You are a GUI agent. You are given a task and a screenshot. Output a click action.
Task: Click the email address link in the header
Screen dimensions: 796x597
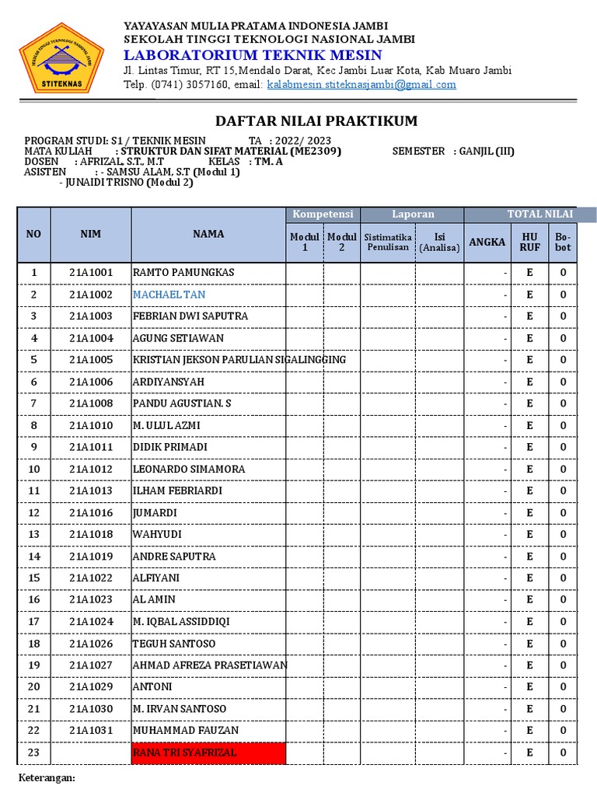pyautogui.click(x=361, y=85)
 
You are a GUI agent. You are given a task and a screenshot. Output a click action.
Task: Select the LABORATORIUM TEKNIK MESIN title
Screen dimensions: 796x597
pyautogui.click(x=253, y=54)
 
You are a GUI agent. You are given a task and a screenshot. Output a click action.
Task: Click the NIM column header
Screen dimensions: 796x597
pyautogui.click(x=90, y=234)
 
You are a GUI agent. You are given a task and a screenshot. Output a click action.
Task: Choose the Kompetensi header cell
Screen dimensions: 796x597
pyautogui.click(x=323, y=215)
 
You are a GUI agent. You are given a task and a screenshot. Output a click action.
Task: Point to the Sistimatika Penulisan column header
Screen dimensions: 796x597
pyautogui.click(x=387, y=242)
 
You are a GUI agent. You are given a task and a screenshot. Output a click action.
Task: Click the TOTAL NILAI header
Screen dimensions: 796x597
pyautogui.click(x=539, y=215)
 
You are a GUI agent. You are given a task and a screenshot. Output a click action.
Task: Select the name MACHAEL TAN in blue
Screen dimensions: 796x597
pyautogui.click(x=169, y=295)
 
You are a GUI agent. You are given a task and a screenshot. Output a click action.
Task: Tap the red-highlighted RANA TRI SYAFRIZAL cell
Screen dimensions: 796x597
pyautogui.click(x=208, y=752)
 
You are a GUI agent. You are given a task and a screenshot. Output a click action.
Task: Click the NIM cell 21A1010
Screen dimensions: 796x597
pyautogui.click(x=90, y=425)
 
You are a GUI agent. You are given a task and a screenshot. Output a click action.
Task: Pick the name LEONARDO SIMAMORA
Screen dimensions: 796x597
pyautogui.click(x=189, y=469)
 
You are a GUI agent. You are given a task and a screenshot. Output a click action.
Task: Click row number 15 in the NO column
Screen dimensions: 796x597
pyautogui.click(x=33, y=578)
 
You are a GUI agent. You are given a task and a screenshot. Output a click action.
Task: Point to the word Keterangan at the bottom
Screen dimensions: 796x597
pyautogui.click(x=46, y=777)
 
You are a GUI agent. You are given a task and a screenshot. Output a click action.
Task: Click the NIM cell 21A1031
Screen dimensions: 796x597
pyautogui.click(x=90, y=731)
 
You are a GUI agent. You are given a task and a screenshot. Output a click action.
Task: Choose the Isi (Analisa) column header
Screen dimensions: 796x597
pyautogui.click(x=439, y=242)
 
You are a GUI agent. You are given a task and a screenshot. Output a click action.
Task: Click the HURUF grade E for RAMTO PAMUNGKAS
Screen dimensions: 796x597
pyautogui.click(x=529, y=273)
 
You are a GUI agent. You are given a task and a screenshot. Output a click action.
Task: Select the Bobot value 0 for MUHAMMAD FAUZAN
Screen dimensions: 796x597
pyautogui.click(x=563, y=731)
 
